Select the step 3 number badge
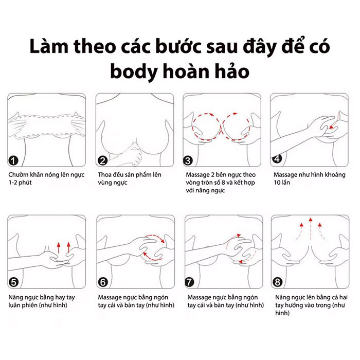(189, 160)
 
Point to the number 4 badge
(277, 158)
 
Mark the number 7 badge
(189, 282)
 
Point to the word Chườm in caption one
(20, 175)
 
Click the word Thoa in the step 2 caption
(105, 175)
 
